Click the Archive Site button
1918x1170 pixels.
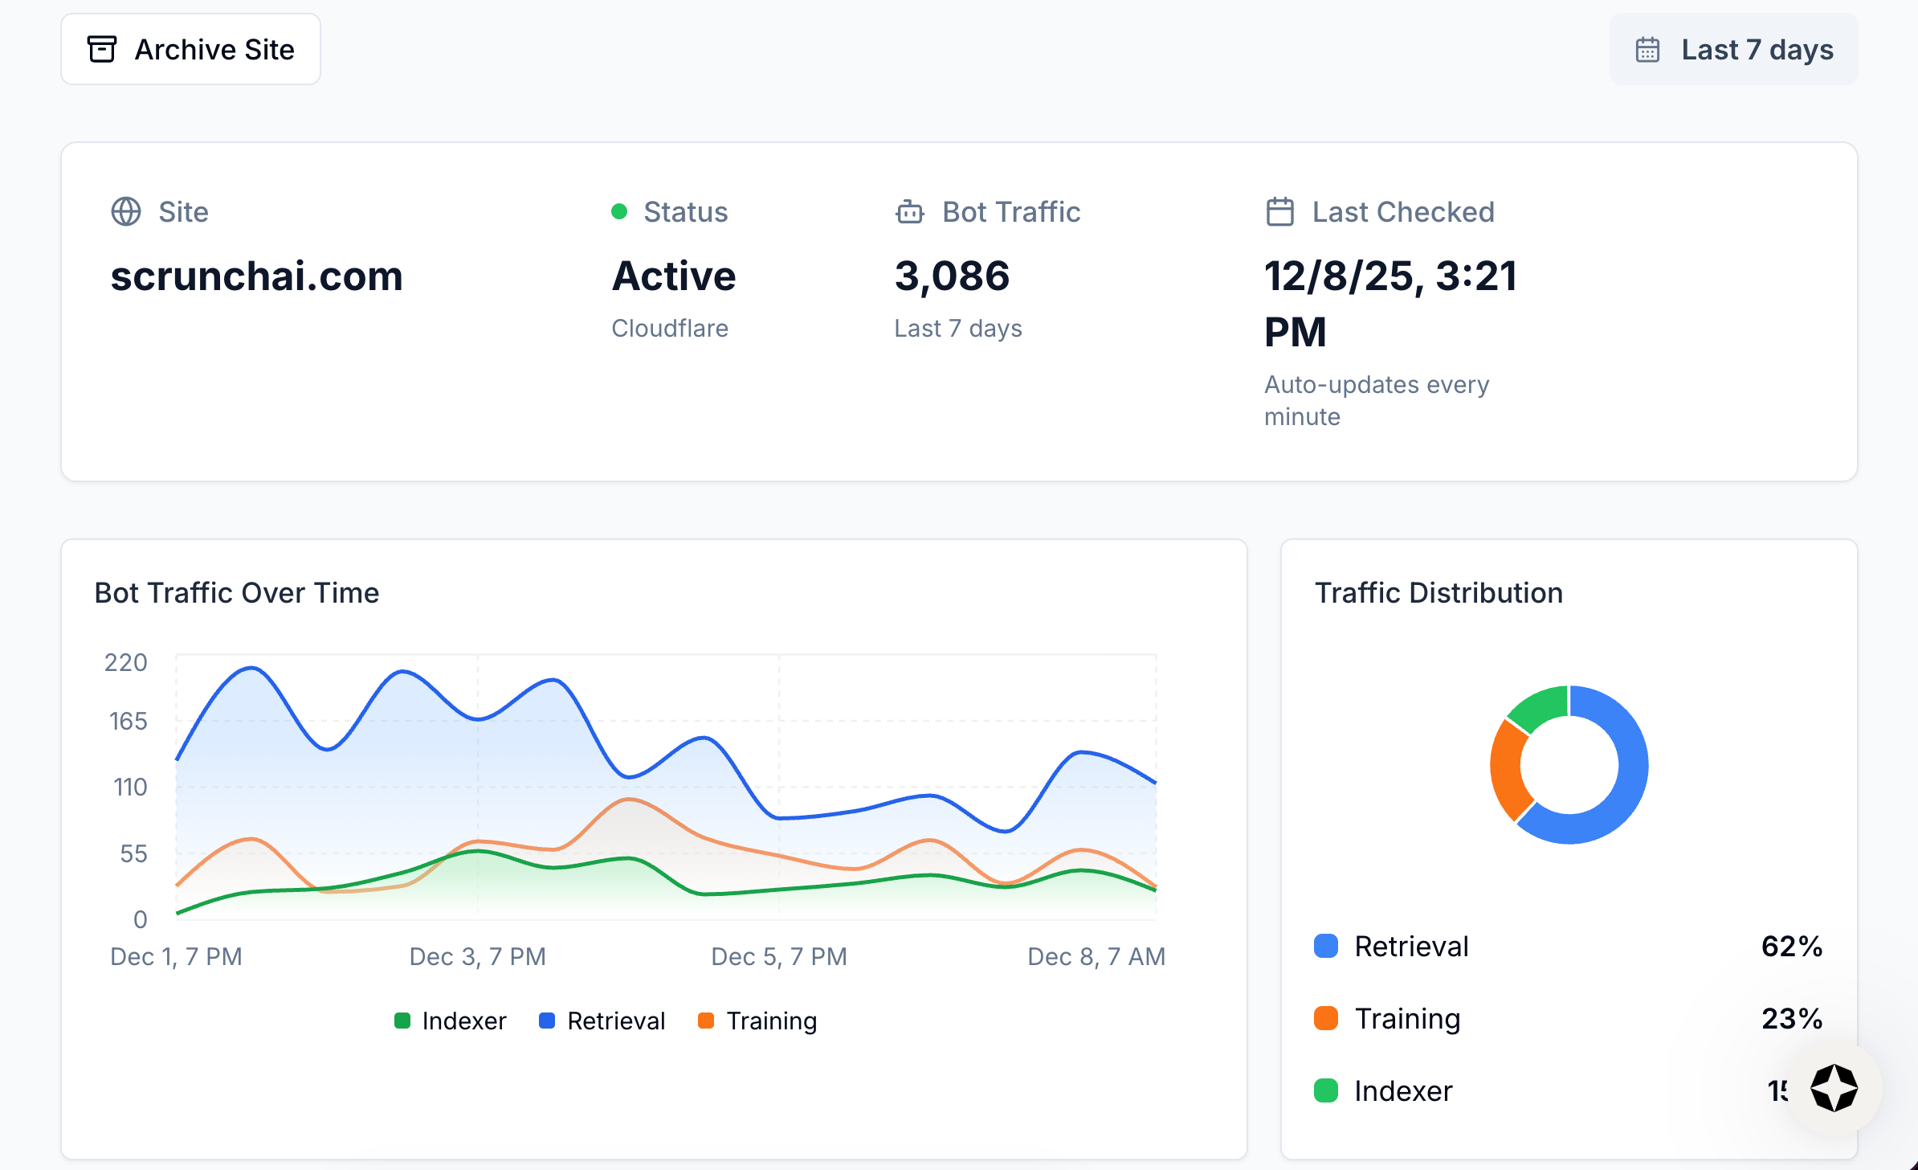190,49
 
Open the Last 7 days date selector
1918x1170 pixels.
1733,49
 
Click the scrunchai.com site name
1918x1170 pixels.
256,276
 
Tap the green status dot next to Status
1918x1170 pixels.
618,211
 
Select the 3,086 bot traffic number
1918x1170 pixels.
952,276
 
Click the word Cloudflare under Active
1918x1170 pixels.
669,328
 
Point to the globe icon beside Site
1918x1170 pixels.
126,211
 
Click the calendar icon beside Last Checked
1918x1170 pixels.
1279,211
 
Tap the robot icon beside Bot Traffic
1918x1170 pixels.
910,211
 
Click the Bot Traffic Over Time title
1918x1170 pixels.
236,592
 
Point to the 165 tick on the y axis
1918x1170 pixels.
128,721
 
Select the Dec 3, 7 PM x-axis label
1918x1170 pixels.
477,956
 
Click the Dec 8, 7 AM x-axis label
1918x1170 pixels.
1096,956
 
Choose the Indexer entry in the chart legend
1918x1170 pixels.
451,1021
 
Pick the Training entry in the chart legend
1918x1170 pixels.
757,1021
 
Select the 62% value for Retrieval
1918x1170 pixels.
1791,946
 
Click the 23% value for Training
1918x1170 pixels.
1791,1018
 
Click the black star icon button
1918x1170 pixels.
1834,1088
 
